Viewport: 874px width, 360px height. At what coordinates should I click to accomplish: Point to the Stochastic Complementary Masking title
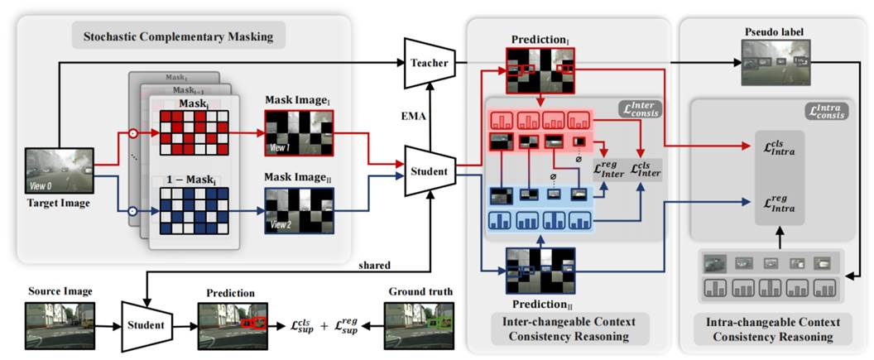coord(178,36)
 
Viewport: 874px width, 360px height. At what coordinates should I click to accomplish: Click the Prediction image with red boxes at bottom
coord(231,320)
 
